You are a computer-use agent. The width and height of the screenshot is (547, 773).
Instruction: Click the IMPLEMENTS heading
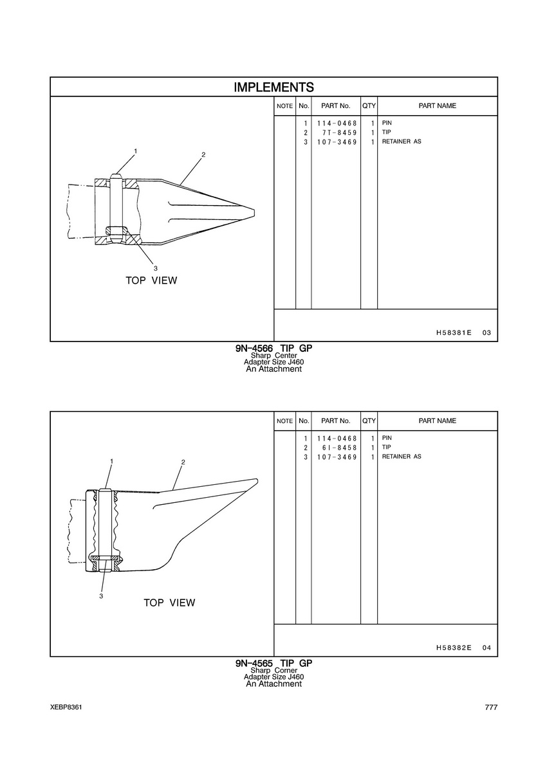[274, 87]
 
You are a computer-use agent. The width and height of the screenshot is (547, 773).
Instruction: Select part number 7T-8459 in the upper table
[339, 132]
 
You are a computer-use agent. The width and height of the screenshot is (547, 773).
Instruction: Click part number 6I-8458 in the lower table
[339, 448]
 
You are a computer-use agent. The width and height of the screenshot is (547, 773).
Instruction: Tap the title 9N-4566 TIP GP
[274, 348]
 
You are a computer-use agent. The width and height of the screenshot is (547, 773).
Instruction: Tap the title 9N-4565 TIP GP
[274, 663]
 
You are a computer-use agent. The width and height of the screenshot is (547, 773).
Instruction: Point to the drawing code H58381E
[454, 332]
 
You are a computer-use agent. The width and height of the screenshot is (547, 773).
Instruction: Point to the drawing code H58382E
[454, 648]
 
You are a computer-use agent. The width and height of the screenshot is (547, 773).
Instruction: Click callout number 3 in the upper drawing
[155, 268]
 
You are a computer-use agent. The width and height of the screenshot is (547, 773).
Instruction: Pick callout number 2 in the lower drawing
[183, 462]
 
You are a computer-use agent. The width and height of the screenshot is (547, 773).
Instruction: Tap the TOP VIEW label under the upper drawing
[151, 280]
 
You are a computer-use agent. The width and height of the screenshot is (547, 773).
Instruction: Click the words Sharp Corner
[274, 671]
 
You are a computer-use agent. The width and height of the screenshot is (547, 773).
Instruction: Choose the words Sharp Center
[274, 356]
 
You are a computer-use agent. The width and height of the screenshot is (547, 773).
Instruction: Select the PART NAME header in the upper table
[437, 106]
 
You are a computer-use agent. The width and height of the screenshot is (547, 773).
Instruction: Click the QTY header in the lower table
[369, 421]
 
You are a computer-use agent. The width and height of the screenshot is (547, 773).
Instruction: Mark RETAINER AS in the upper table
[402, 141]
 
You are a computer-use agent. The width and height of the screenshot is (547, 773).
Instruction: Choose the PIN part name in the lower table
[387, 438]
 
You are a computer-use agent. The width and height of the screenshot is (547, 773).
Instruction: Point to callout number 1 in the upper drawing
[135, 150]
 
